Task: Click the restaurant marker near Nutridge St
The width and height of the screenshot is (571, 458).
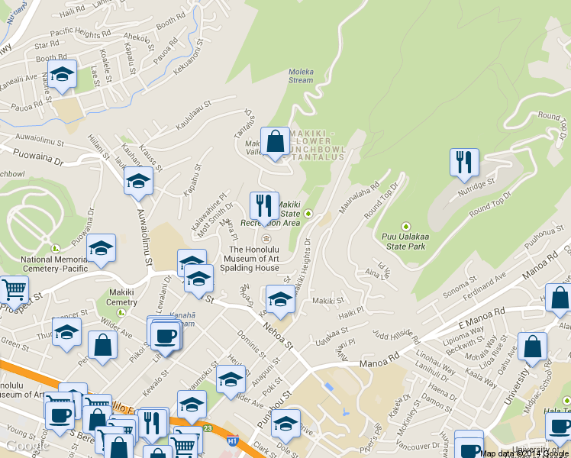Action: tap(463, 163)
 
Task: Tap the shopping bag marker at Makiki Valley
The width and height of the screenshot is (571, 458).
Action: tap(274, 141)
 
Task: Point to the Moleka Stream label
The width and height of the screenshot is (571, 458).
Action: tap(301, 76)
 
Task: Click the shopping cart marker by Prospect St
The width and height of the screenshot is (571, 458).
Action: tap(13, 290)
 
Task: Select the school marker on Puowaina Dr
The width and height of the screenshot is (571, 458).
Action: tap(100, 248)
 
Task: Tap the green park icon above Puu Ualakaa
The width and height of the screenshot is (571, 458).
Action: tap(406, 227)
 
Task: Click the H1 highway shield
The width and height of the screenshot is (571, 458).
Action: tap(233, 440)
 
